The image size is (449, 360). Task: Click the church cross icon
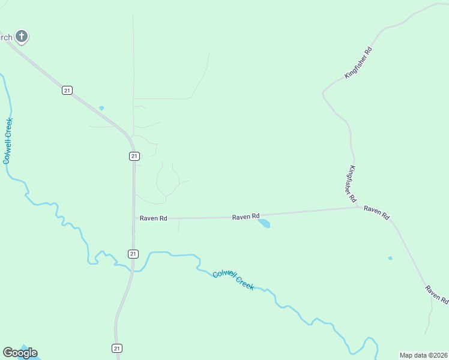[22, 37]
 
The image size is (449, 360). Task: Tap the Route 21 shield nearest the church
[67, 90]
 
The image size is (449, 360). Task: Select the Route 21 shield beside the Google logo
[117, 348]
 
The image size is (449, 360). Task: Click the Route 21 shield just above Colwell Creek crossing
[133, 254]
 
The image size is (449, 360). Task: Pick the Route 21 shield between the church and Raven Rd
[134, 156]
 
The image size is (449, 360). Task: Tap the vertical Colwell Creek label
[8, 140]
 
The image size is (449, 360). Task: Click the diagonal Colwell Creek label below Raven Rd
[234, 279]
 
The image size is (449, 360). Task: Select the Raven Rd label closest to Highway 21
[153, 218]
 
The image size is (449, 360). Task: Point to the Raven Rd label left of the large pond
[246, 216]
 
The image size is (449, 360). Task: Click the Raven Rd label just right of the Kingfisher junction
[377, 211]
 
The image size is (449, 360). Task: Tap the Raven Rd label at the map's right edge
[437, 294]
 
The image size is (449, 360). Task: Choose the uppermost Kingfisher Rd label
[359, 62]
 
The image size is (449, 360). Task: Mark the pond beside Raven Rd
[264, 224]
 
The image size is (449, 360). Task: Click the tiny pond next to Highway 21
[101, 108]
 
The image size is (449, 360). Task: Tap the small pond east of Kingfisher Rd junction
[390, 258]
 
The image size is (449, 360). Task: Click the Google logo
[20, 352]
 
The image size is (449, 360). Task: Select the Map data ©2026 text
[423, 355]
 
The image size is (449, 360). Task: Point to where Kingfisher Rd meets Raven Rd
[358, 208]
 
